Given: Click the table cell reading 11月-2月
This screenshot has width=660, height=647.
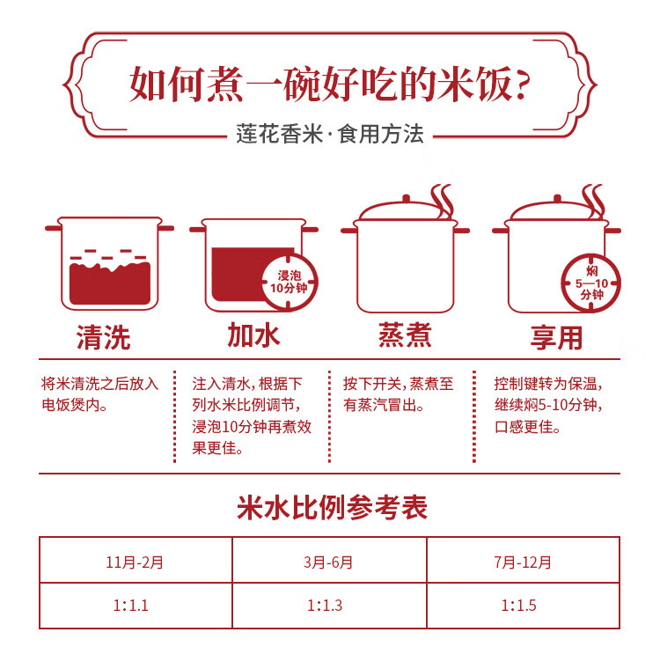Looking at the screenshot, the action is tap(136, 560).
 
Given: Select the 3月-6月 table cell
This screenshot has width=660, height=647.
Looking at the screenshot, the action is tap(329, 560).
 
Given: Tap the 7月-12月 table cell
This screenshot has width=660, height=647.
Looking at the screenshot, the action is tap(524, 560).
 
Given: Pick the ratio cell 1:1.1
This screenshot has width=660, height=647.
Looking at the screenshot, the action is tap(136, 606).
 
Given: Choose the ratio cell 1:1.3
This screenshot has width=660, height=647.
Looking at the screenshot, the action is tap(329, 606).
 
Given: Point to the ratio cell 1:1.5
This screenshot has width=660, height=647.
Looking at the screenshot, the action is tap(524, 606).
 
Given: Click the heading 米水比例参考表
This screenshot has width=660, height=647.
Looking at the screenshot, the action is tap(332, 507).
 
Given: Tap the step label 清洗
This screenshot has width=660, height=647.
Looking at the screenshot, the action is tap(104, 337).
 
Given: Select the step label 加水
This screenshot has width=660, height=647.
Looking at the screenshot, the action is tap(253, 335).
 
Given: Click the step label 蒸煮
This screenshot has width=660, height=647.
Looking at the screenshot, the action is tap(405, 335).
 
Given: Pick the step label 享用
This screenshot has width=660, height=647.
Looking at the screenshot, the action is tap(556, 337).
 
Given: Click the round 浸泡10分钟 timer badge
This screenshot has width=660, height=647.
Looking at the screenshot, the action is tap(290, 282).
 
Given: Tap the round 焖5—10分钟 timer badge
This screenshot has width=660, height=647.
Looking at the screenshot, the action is tap(591, 283).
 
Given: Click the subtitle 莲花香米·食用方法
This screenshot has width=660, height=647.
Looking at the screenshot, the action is tap(330, 134).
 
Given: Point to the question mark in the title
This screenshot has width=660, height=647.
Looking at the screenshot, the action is tap(522, 85).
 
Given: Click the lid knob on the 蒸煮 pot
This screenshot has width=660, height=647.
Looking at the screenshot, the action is tap(406, 198).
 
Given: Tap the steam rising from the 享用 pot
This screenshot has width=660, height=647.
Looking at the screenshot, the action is tap(593, 201).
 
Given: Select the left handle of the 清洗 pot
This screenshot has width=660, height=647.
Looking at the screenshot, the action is tap(53, 228).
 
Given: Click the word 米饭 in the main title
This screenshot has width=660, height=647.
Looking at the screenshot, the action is tap(474, 84).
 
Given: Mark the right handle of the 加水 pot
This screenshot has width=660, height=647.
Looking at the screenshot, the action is tap(311, 230).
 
